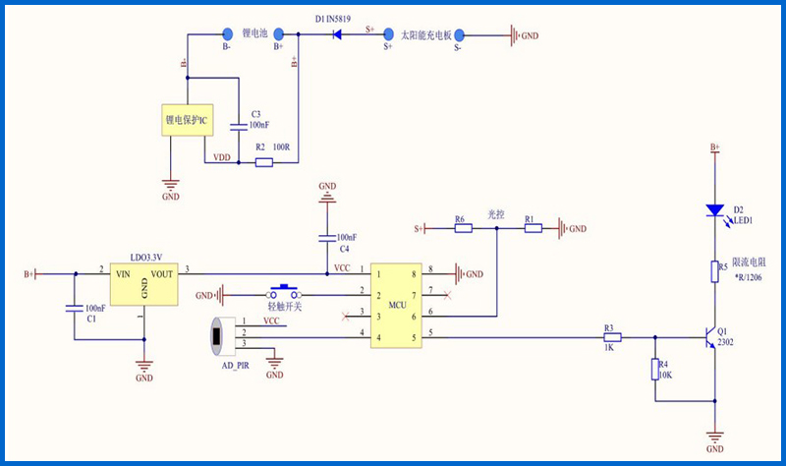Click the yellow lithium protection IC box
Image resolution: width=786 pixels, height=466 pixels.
(187, 120)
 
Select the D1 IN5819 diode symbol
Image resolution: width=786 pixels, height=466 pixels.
(337, 34)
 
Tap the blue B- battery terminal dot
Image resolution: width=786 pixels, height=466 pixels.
(228, 34)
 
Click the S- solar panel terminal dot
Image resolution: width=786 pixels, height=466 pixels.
(459, 35)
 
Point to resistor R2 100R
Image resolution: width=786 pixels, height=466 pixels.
(264, 162)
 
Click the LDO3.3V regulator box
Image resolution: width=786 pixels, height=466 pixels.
(143, 284)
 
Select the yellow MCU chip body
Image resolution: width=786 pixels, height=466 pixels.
(396, 306)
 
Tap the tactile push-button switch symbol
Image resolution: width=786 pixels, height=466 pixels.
(284, 292)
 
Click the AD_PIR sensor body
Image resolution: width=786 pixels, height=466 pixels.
(223, 337)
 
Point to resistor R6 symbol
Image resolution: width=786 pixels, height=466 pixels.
(463, 228)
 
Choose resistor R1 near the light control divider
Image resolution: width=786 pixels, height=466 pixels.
(533, 228)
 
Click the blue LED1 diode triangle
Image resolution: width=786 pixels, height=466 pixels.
(714, 210)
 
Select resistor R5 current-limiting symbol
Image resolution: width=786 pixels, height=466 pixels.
(714, 271)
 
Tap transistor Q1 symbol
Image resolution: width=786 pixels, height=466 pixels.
(710, 337)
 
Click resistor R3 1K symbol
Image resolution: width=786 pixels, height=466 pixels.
(612, 337)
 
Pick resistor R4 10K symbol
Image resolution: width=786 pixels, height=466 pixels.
(654, 370)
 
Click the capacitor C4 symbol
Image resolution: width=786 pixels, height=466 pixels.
(327, 238)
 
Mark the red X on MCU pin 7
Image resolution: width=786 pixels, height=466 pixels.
(447, 296)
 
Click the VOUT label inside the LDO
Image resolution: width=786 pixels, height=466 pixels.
(161, 274)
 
